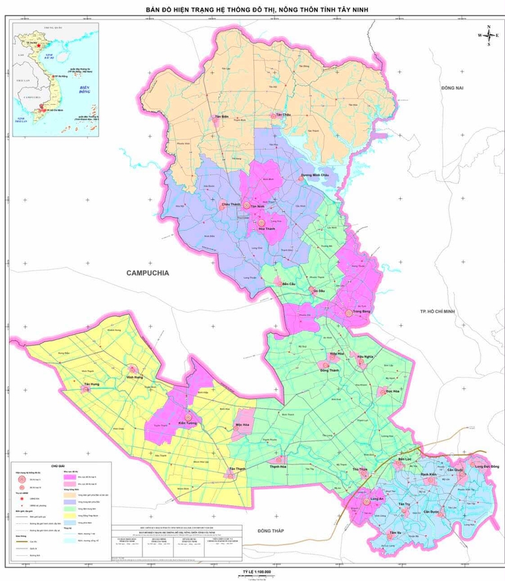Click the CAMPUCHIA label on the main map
coord(148,273)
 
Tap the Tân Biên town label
coord(222,117)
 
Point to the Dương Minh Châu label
coord(315,176)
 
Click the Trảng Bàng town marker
coord(349,313)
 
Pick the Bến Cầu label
coord(280,284)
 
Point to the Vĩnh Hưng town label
coord(135,376)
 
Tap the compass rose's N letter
coord(488,27)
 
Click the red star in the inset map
coord(40,47)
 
